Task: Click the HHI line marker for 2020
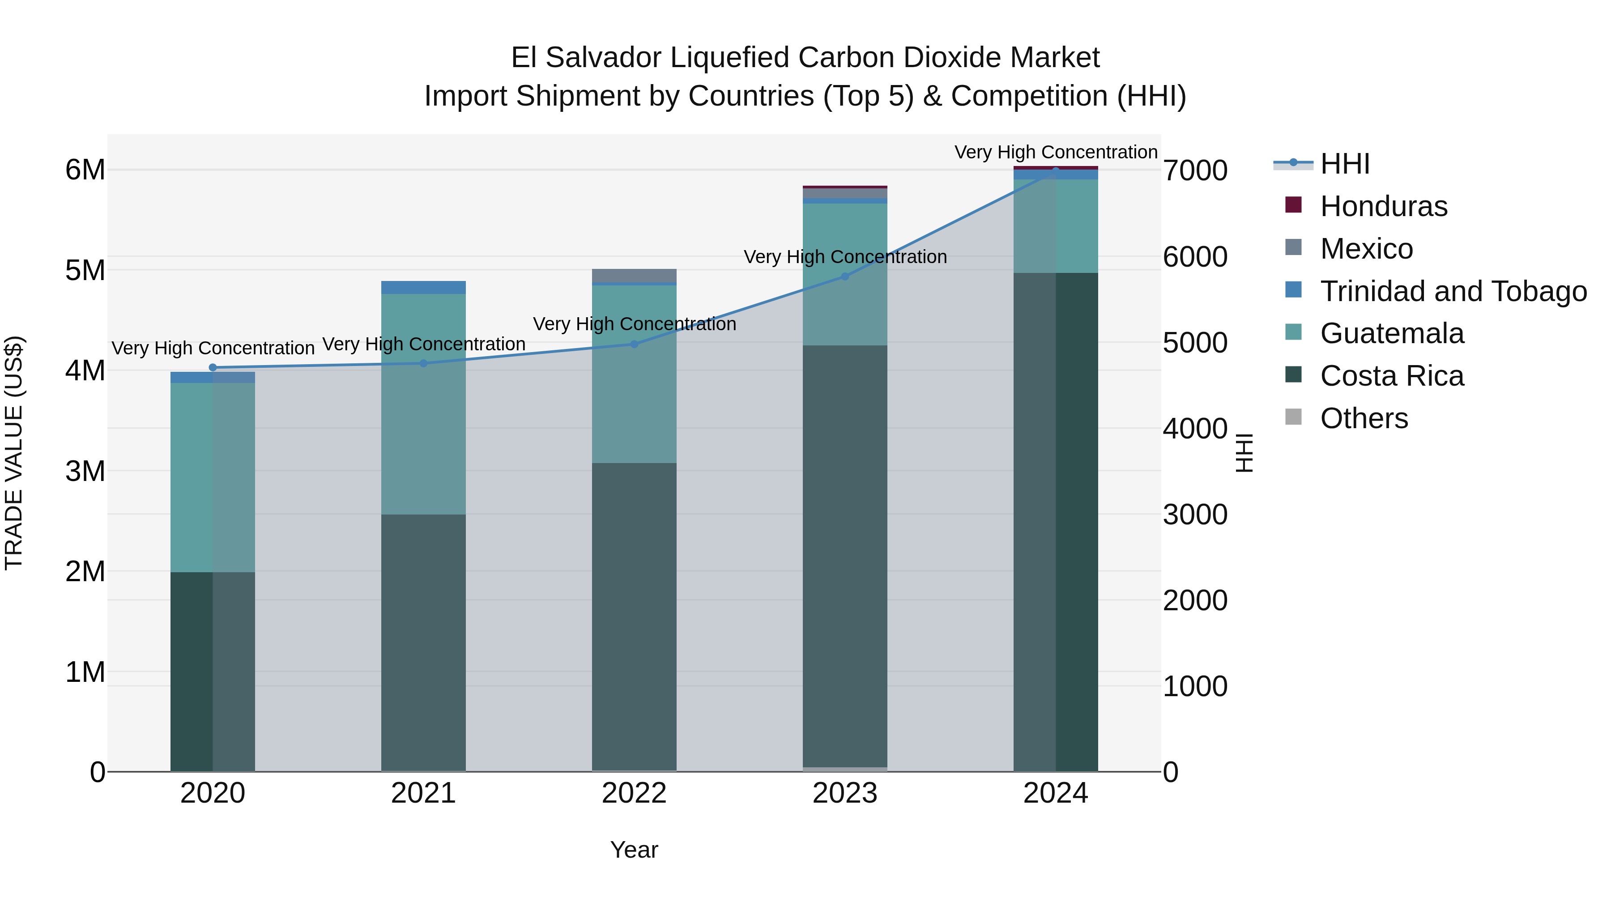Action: coord(213,368)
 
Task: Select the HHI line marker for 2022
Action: coord(634,344)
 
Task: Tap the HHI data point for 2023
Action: coord(845,276)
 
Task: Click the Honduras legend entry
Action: coord(1383,206)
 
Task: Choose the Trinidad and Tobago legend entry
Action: coord(1453,291)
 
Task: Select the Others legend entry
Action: coord(1364,418)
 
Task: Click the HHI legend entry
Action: coord(1345,164)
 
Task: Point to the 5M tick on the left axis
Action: coord(85,270)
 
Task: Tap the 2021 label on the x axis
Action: coord(423,793)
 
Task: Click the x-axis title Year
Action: coord(634,850)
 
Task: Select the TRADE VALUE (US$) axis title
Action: coord(14,453)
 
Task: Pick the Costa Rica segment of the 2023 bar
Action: coord(845,557)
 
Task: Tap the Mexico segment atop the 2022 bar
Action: coord(634,275)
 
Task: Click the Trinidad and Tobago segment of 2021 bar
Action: coord(423,287)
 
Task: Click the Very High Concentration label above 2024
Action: coord(1056,152)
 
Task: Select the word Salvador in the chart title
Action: coord(604,58)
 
